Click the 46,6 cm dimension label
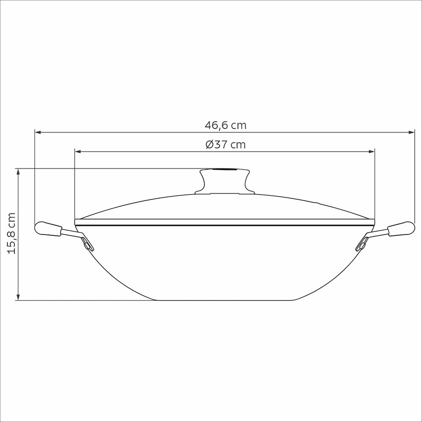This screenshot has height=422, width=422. (x=225, y=125)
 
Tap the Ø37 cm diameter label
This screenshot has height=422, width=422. (x=225, y=145)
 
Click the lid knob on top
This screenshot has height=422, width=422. (x=225, y=181)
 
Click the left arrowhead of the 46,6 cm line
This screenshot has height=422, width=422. (x=38, y=133)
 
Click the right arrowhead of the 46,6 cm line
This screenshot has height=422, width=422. (x=412, y=133)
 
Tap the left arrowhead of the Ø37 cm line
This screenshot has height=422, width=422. (x=77, y=151)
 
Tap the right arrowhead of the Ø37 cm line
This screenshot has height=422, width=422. (x=372, y=151)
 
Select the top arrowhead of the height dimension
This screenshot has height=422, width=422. (x=18, y=171)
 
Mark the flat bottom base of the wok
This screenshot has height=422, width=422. (x=225, y=300)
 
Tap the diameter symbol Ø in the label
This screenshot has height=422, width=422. (x=210, y=145)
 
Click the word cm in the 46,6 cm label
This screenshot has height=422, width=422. (x=238, y=125)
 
